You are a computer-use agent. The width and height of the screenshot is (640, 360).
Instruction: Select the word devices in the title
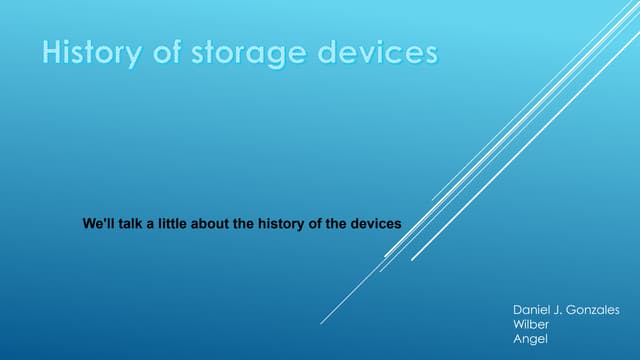tap(378, 52)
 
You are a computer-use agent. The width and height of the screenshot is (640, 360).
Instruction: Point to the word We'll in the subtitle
tap(100, 224)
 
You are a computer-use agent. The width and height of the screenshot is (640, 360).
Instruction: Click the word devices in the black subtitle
tap(375, 224)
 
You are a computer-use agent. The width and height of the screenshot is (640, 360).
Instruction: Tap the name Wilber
tap(530, 325)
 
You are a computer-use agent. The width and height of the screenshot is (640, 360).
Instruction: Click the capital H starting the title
tap(51, 52)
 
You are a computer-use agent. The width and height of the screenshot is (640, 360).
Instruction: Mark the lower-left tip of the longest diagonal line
tap(321, 323)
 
